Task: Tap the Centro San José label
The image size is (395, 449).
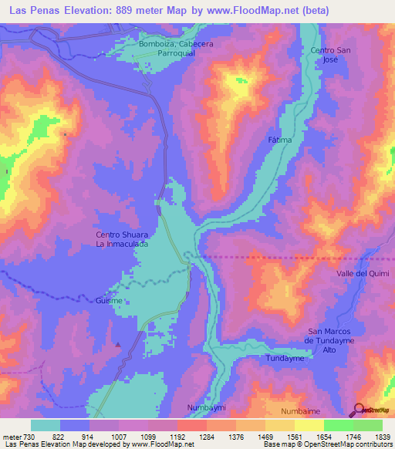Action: pos(326,55)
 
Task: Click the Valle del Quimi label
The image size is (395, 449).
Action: pos(363,274)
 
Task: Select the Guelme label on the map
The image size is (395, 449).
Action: pos(110,300)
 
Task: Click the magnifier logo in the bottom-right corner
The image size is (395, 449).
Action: pos(359,410)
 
